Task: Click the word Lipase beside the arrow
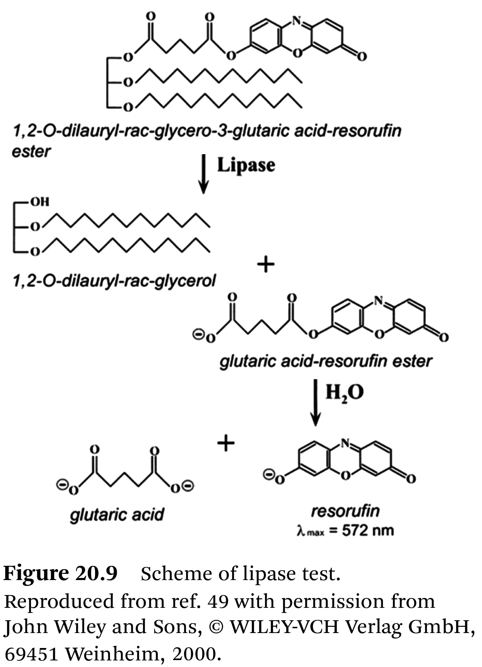pos(246,165)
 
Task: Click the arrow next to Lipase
pos(204,174)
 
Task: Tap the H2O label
pos(345,393)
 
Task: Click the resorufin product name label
pos(345,511)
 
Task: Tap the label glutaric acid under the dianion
pos(117,515)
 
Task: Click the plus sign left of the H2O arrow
pos(226,443)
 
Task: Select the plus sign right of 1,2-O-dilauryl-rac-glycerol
pos(266,264)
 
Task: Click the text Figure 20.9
pos(60,573)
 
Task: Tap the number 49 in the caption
pos(218,601)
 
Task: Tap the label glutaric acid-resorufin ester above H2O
pos(325,362)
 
